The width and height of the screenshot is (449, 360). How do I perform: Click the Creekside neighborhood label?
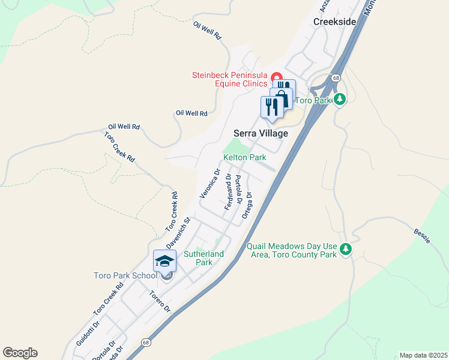tap(334, 22)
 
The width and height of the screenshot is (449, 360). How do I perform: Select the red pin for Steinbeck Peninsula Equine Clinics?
tap(277, 77)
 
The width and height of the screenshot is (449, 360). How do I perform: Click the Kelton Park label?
tap(244, 157)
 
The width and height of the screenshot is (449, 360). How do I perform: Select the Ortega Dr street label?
tap(246, 205)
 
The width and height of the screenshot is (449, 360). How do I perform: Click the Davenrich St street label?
tap(178, 233)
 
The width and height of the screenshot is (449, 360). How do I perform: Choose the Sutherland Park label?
tap(203, 258)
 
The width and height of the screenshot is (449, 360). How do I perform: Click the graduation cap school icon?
tap(164, 261)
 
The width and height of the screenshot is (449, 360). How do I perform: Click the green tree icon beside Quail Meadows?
tap(345, 248)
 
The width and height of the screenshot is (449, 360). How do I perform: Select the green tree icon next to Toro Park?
tap(340, 99)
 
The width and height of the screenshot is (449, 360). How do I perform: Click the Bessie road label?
tap(422, 235)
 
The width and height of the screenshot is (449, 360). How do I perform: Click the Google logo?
tap(20, 353)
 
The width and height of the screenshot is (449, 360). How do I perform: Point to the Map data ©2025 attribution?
tap(423, 355)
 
